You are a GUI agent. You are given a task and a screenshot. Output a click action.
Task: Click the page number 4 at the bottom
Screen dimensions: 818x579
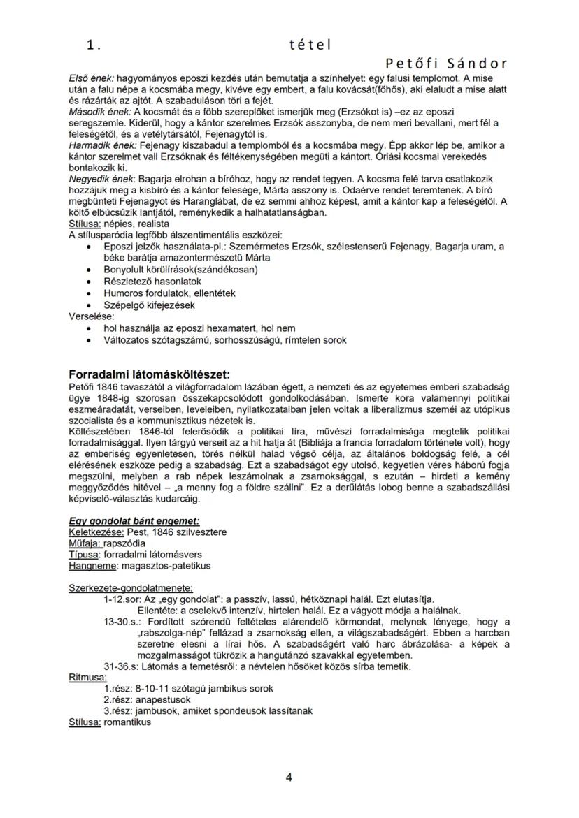pyautogui.click(x=288, y=777)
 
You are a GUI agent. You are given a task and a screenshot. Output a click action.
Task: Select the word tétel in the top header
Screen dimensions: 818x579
pyautogui.click(x=310, y=45)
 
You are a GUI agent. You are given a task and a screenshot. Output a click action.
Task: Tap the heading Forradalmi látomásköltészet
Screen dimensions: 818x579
pyautogui.click(x=149, y=374)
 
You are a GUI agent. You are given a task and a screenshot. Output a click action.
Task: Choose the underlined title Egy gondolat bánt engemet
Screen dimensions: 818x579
pyautogui.click(x=134, y=520)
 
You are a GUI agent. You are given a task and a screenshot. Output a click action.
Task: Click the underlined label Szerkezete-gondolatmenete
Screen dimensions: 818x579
pyautogui.click(x=131, y=587)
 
